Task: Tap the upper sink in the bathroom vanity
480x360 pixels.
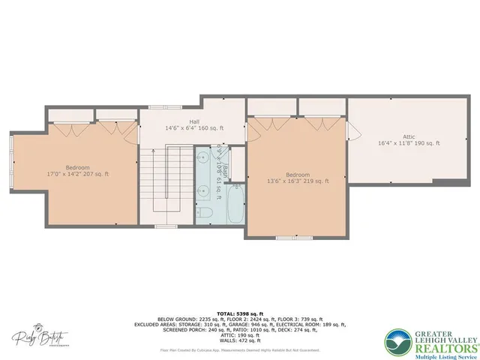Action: [x=202, y=158]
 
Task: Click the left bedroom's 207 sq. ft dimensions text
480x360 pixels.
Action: [x=78, y=174]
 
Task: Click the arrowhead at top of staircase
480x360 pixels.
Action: [x=153, y=151]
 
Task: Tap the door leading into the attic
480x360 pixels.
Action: [x=355, y=136]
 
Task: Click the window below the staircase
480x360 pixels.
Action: [x=164, y=226]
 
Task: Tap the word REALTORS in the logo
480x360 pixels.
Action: [x=428, y=338]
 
